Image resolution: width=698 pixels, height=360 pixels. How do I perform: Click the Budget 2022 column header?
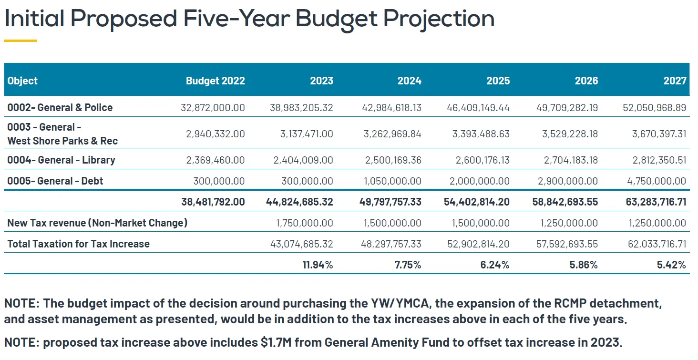click(216, 81)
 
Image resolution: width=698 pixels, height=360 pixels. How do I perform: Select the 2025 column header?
click(498, 81)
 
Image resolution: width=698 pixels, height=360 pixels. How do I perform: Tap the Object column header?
click(22, 81)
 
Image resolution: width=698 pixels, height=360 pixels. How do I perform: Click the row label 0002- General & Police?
click(60, 108)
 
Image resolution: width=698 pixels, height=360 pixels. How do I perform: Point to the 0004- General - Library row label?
click(61, 160)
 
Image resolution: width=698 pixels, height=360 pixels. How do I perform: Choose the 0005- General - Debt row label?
click(55, 181)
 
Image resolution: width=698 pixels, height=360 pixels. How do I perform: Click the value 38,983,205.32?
click(301, 108)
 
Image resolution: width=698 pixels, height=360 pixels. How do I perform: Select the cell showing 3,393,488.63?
click(481, 134)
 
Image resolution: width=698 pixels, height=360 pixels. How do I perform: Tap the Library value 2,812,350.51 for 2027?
click(659, 160)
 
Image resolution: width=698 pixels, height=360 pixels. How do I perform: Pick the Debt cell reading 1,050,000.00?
click(393, 181)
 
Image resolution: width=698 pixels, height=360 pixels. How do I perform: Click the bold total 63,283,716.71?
click(656, 202)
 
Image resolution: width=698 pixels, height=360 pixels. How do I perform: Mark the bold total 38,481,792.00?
click(213, 202)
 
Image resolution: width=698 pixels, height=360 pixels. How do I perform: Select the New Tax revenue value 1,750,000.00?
click(305, 223)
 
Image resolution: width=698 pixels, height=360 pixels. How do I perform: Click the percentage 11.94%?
click(318, 265)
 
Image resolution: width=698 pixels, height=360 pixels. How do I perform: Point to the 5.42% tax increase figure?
click(671, 265)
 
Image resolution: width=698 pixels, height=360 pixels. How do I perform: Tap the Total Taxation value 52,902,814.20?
click(478, 244)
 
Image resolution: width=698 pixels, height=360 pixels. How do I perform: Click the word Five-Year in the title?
click(236, 19)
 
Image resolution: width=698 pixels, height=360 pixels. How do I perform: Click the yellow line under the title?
click(21, 41)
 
